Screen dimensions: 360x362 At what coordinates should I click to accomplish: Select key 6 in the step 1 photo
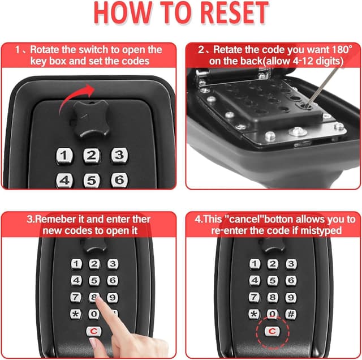click(x=119, y=180)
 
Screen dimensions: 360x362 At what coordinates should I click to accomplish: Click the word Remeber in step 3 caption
click(x=64, y=218)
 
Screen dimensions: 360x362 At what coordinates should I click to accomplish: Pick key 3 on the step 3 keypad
click(x=113, y=264)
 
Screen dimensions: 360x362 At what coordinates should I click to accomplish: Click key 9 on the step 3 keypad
click(x=113, y=297)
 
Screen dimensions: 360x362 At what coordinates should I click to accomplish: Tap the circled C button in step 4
click(x=273, y=332)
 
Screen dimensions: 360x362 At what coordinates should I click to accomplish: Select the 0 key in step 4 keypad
click(x=273, y=314)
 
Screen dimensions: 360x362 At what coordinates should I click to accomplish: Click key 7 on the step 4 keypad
click(x=255, y=297)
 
